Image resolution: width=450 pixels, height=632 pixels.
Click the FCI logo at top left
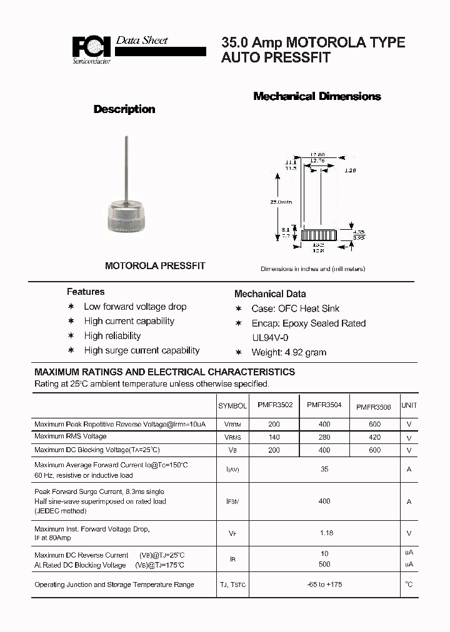(x=91, y=48)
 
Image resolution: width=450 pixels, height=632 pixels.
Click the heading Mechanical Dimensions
(x=317, y=96)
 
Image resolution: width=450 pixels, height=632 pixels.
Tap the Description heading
(x=124, y=109)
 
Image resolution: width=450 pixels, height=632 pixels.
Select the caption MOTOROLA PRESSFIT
(x=155, y=265)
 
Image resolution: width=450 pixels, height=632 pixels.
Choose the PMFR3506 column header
(x=374, y=407)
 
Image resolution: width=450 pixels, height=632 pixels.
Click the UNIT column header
(x=409, y=405)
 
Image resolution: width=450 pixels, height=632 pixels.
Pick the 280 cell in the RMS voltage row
(x=324, y=437)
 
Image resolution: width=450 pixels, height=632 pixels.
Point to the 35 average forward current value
(x=324, y=469)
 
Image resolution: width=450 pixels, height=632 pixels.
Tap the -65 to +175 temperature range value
(x=324, y=585)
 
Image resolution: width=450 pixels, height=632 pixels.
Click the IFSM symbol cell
(x=232, y=501)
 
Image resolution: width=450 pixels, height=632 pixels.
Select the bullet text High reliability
(x=112, y=336)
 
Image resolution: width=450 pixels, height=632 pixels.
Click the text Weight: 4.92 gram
(x=289, y=352)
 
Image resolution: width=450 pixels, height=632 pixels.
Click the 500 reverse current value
(x=324, y=565)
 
